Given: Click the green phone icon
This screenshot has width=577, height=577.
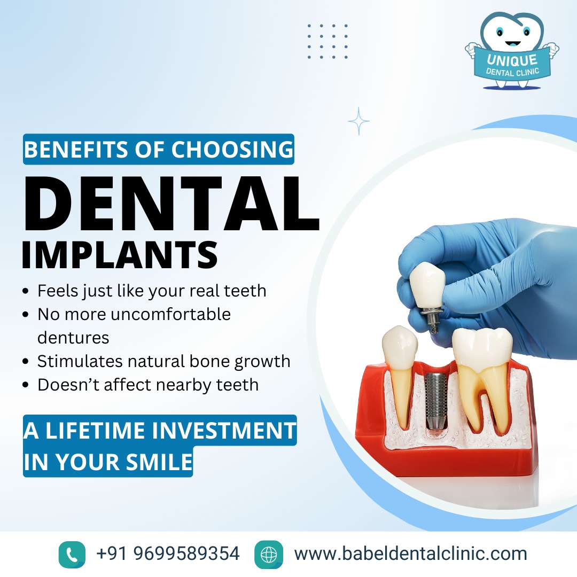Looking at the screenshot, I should (x=72, y=554).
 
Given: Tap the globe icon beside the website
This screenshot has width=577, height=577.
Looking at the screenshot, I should (x=268, y=554).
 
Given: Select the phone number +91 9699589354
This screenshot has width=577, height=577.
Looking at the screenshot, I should (x=168, y=553).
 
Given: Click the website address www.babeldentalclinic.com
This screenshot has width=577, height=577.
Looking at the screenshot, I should (x=410, y=553).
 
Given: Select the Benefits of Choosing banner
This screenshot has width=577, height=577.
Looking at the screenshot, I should (x=159, y=149).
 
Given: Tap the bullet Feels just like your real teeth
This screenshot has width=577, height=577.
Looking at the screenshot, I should (x=151, y=291).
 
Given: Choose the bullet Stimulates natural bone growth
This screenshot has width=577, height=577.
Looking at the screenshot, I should (x=163, y=361).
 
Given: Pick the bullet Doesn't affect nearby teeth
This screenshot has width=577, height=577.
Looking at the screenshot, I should (x=147, y=385).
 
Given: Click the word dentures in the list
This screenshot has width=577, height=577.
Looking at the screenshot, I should (x=73, y=338).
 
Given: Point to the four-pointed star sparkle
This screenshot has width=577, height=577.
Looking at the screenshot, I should (x=358, y=121).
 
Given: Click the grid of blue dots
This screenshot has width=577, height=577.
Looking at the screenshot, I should (x=328, y=41).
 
